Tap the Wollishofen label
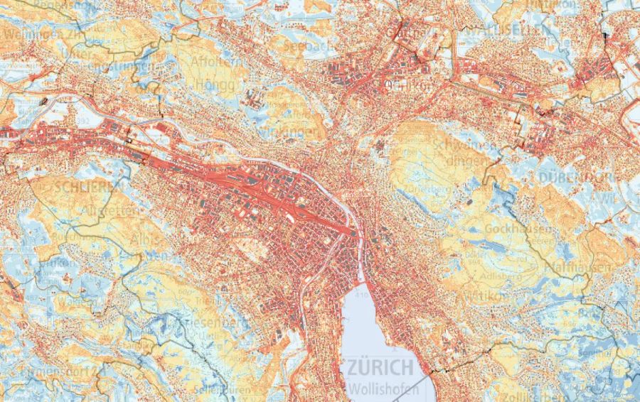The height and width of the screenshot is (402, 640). pos(379,389)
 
